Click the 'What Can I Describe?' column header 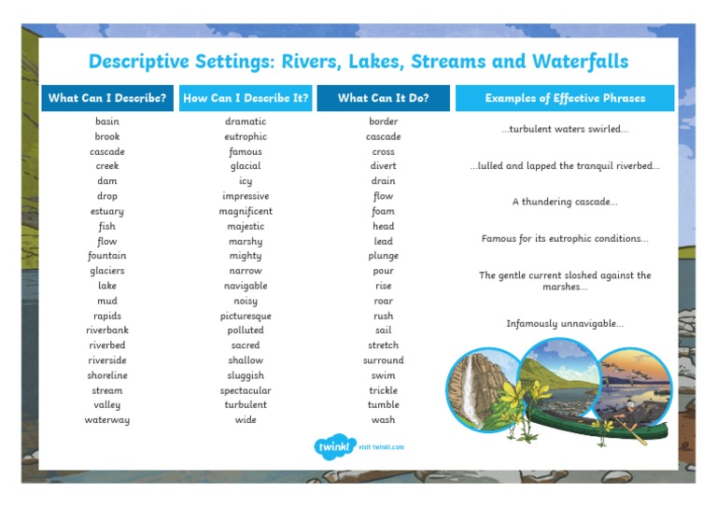click(107, 98)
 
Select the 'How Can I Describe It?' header click(246, 98)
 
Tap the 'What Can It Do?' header click(383, 98)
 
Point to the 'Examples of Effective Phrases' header click(565, 98)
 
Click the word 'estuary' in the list click(107, 211)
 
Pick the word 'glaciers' click(107, 271)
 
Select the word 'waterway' click(107, 420)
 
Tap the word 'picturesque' click(246, 316)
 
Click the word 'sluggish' click(246, 375)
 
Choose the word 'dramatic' click(246, 121)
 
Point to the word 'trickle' click(383, 390)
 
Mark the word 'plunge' click(383, 256)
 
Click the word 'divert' click(383, 166)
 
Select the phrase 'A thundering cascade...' click(565, 202)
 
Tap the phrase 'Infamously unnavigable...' click(565, 324)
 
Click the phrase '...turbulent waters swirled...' click(565, 129)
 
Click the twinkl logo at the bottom click(335, 446)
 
